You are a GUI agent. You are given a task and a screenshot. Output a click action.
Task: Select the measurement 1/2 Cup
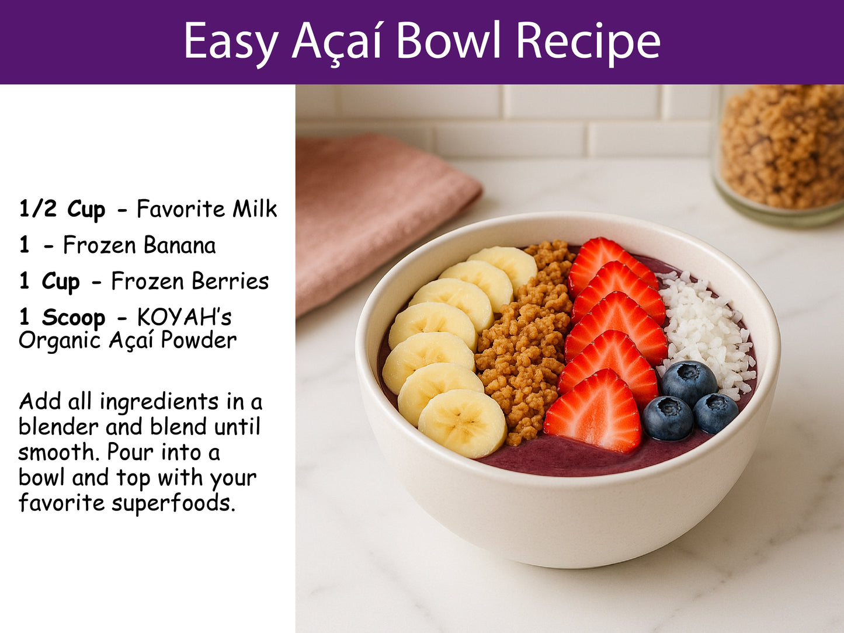(x=62, y=209)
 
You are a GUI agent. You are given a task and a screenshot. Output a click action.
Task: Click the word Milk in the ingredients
(x=255, y=209)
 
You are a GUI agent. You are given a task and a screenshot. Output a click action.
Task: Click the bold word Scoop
(x=73, y=318)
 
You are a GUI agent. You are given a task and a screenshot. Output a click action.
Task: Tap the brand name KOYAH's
(x=184, y=318)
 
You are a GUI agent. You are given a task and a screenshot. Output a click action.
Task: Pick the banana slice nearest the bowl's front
(x=462, y=422)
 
